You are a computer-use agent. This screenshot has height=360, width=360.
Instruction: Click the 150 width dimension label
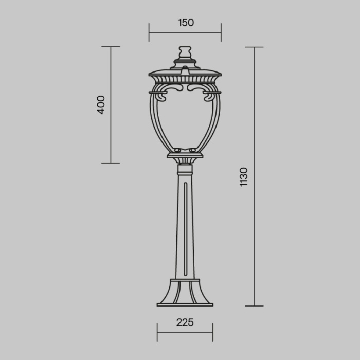pos(186,23)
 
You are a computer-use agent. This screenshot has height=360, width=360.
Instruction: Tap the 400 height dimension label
pos(101,104)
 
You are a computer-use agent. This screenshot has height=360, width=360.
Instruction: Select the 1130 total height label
pos(244,176)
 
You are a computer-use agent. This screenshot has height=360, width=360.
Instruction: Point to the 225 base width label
pos(185,322)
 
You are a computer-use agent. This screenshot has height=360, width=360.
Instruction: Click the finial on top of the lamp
pos(185,53)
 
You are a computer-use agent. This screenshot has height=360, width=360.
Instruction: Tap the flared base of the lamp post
pos(185,293)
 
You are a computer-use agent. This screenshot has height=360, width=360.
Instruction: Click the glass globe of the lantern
pos(185,121)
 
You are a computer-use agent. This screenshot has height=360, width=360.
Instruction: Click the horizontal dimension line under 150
pos(185,32)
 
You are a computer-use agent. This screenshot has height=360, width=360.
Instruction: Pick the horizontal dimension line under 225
pos(185,332)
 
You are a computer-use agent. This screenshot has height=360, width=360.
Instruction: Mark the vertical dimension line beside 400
pos(111,104)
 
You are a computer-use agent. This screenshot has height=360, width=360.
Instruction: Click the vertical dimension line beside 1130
pos(255,176)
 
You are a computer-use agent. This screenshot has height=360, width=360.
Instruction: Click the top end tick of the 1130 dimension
pos(255,47)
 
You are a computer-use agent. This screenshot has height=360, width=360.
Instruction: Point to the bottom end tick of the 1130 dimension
pos(255,306)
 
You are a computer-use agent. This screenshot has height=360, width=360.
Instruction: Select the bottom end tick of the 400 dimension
pos(111,163)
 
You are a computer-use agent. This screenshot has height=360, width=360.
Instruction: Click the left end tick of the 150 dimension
pos(149,32)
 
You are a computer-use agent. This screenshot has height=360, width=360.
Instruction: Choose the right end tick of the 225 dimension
pos(212,332)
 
